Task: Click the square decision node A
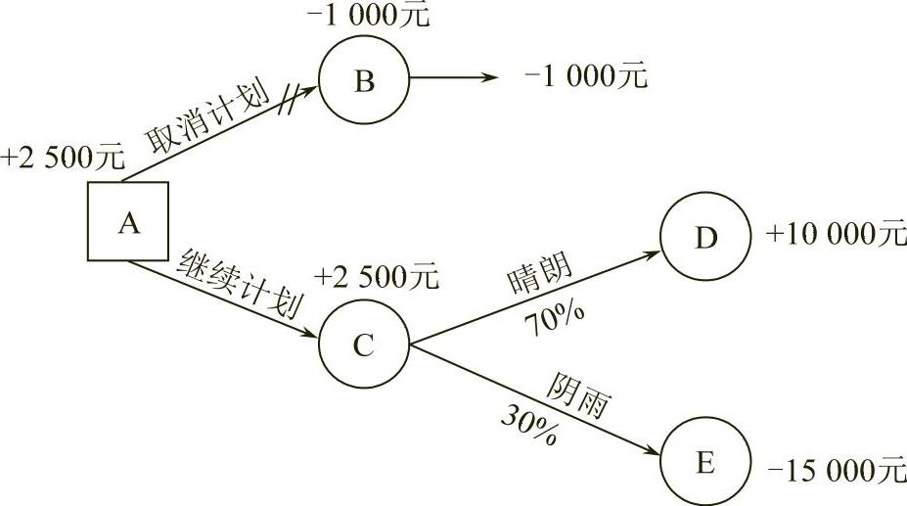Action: (x=127, y=222)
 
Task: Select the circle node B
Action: (x=364, y=80)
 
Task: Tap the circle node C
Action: (x=363, y=345)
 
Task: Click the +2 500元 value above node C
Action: (x=376, y=277)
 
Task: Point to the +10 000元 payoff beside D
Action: (x=837, y=235)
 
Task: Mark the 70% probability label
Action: (x=554, y=318)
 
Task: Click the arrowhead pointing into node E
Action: (x=654, y=449)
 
